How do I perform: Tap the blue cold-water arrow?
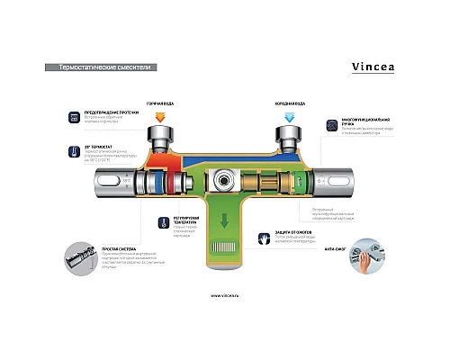[290, 117]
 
